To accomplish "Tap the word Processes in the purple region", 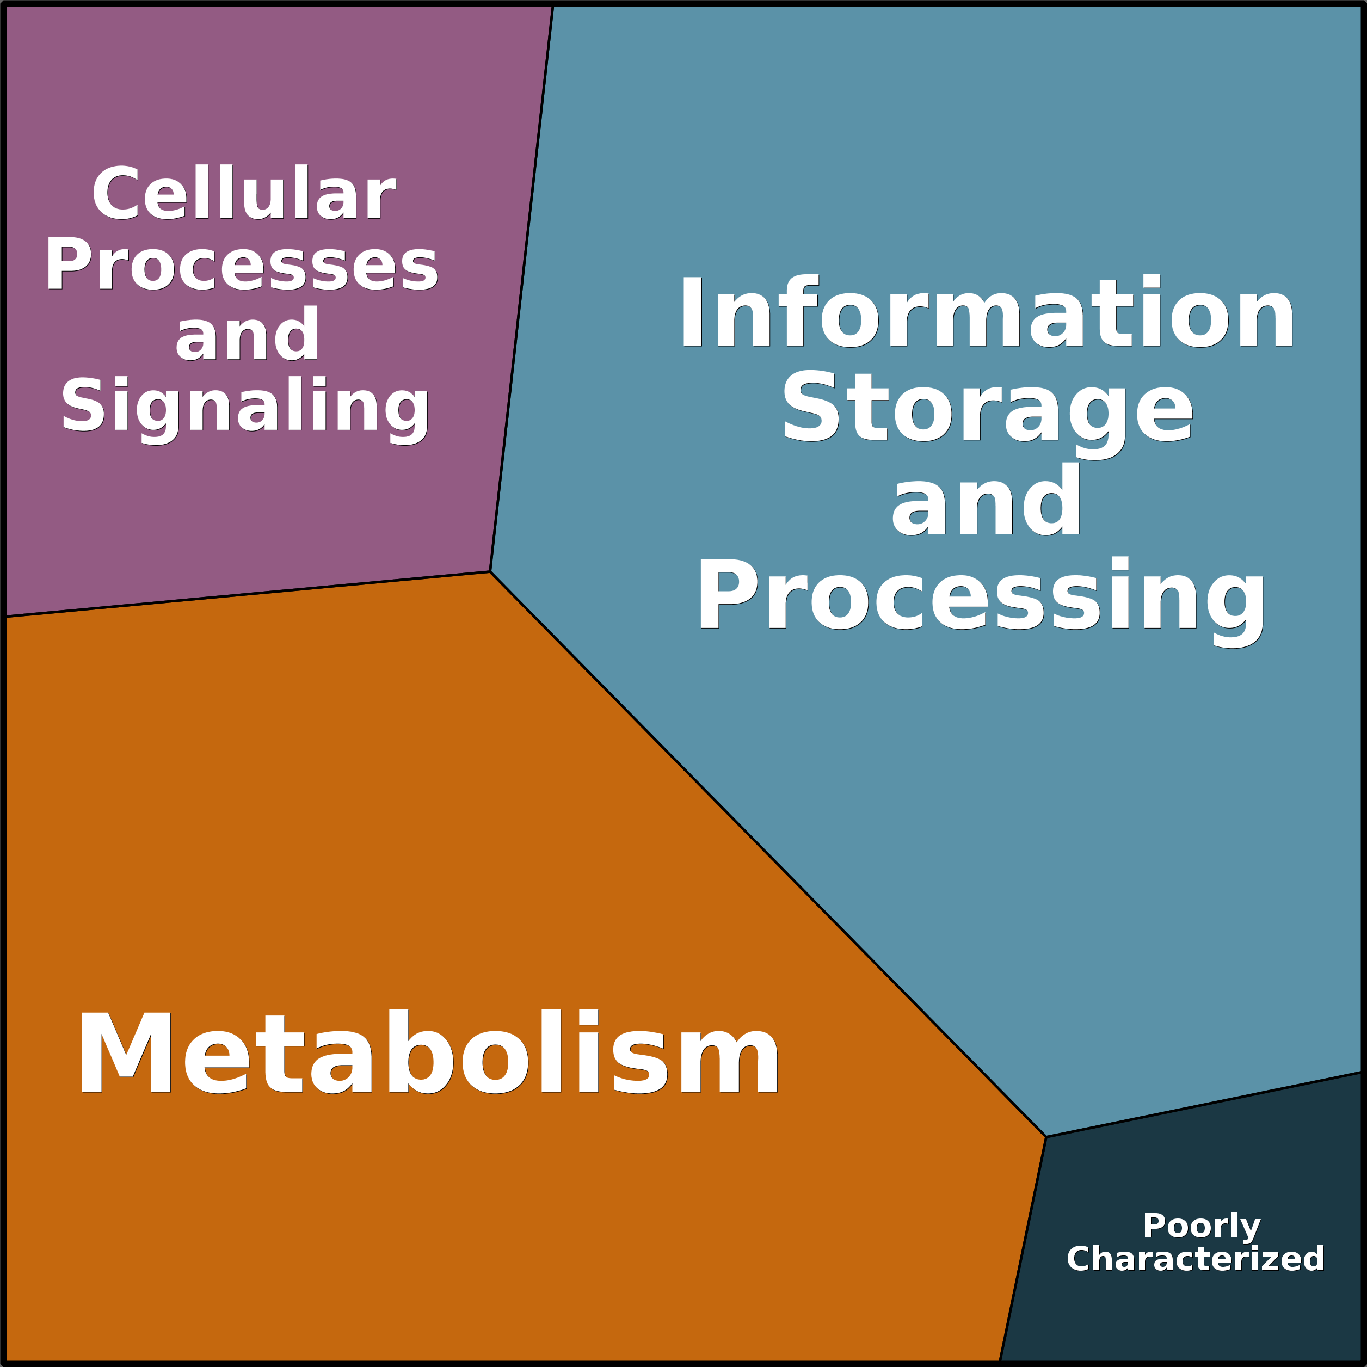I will pyautogui.click(x=241, y=264).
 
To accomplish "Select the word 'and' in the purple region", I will pyautogui.click(x=247, y=334).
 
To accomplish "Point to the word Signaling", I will pyautogui.click(x=245, y=406).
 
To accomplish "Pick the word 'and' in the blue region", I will pyautogui.click(x=986, y=501).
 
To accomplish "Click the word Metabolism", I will pyautogui.click(x=427, y=1052).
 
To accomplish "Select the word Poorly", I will pyautogui.click(x=1202, y=1226).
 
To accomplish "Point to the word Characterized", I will pyautogui.click(x=1195, y=1259).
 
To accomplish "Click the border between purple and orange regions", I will pyautogui.click(x=248, y=594).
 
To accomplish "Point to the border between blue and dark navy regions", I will pyautogui.click(x=1203, y=1105).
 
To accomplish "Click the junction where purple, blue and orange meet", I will pyautogui.click(x=490, y=572).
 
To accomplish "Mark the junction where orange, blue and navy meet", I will pyautogui.click(x=1046, y=1137).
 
